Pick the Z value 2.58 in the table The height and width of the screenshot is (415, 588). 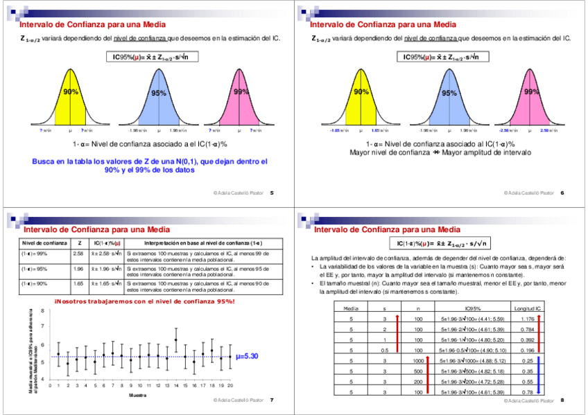tap(78, 254)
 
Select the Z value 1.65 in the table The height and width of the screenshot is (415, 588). tap(78, 283)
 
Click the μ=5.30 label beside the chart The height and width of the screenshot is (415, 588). tap(247, 356)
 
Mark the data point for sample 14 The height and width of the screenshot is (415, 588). tap(176, 340)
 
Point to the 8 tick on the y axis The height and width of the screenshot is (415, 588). tap(43, 310)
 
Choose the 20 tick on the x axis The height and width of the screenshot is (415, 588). tap(230, 385)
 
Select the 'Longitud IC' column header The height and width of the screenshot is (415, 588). tap(527, 307)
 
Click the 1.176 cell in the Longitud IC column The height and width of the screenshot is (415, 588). tap(527, 318)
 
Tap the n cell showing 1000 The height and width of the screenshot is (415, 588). tap(418, 361)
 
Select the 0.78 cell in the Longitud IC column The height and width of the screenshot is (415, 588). tap(527, 392)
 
